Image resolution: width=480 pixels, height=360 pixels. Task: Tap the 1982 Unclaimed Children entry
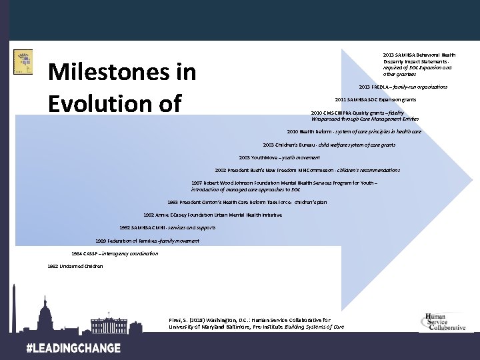click(x=75, y=266)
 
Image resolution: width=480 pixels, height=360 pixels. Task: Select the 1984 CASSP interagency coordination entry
click(x=115, y=253)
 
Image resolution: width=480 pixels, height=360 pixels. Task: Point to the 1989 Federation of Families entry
click(x=147, y=240)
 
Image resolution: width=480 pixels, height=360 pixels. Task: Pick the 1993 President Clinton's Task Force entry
click(x=247, y=202)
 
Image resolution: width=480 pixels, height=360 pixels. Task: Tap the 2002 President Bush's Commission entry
click(x=307, y=170)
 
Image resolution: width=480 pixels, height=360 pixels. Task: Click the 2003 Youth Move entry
click(x=279, y=157)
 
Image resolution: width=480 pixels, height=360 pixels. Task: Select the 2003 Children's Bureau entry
click(x=329, y=145)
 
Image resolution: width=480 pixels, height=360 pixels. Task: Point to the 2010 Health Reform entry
click(x=354, y=132)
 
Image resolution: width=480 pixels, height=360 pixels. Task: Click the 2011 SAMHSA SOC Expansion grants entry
click(x=375, y=99)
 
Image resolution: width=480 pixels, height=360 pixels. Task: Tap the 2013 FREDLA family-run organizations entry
click(x=403, y=87)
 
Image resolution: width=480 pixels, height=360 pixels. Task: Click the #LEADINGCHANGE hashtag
click(x=73, y=348)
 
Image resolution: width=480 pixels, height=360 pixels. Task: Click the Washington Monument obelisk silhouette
click(x=15, y=307)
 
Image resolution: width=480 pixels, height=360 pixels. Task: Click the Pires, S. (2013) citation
click(x=257, y=323)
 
